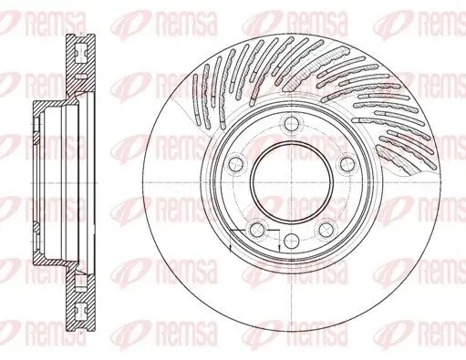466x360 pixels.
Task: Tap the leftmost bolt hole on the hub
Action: pos(234,164)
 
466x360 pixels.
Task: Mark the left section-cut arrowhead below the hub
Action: pos(234,247)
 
